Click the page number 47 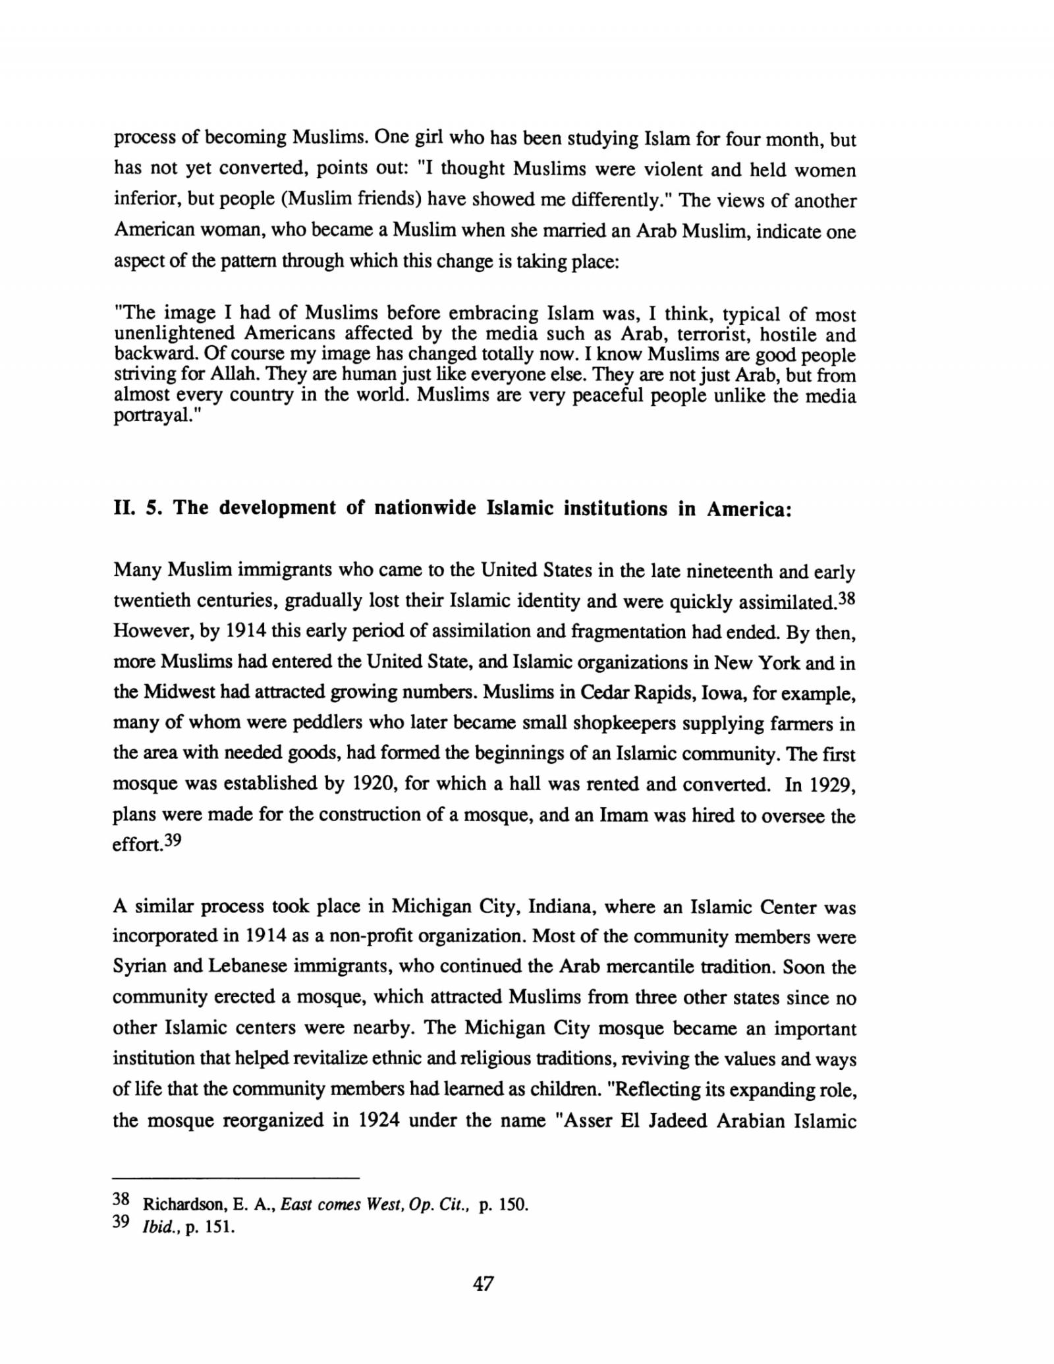pyautogui.click(x=483, y=1284)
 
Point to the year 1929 pyautogui.click(x=832, y=785)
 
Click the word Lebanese pyautogui.click(x=247, y=967)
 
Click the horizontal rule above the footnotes pyautogui.click(x=236, y=1177)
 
